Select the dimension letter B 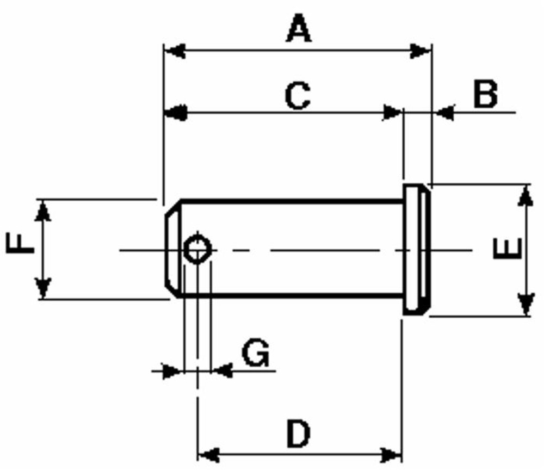point(485,94)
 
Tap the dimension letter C point(298,96)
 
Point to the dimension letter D point(298,434)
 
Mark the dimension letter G point(255,354)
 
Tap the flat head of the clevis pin point(417,250)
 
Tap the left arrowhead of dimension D point(207,454)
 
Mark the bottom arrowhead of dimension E point(525,305)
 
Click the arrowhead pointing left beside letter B point(444,113)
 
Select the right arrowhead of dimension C point(393,113)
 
